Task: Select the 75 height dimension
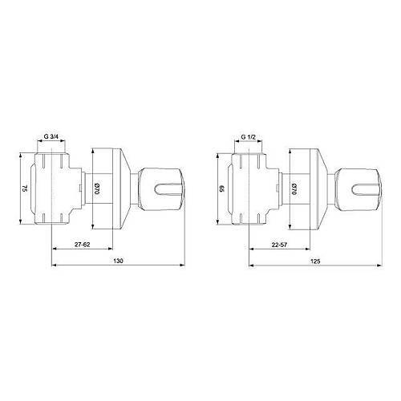tap(25, 188)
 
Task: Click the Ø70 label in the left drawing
tap(96, 189)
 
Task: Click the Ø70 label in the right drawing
tap(294, 189)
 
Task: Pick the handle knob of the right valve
tap(360, 188)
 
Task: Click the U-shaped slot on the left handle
tap(171, 188)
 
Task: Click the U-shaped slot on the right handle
tap(367, 188)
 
